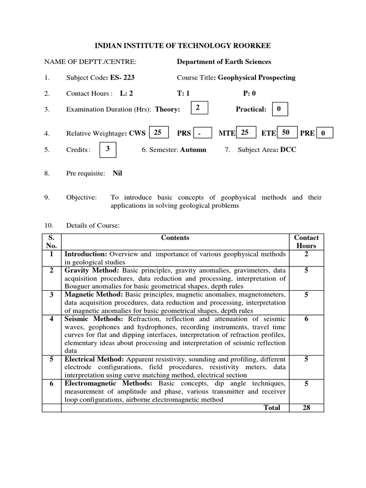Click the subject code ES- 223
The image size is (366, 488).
click(126, 78)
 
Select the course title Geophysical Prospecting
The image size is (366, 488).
click(256, 78)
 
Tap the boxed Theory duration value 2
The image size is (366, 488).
click(197, 109)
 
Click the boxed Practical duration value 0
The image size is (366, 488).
click(279, 109)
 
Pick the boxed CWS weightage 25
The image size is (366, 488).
click(158, 132)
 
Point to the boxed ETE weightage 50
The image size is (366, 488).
click(286, 132)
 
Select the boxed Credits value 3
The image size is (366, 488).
click(108, 149)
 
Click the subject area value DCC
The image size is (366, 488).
click(288, 150)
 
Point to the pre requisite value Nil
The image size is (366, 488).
click(117, 173)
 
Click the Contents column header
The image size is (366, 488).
click(175, 237)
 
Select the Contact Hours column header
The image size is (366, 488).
click(306, 242)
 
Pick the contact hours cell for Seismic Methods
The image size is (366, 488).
click(306, 319)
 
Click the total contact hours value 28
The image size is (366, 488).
click(306, 407)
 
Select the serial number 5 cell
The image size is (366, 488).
click(51, 359)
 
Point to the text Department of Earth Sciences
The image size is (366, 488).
click(224, 61)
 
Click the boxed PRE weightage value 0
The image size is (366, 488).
click(323, 133)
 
